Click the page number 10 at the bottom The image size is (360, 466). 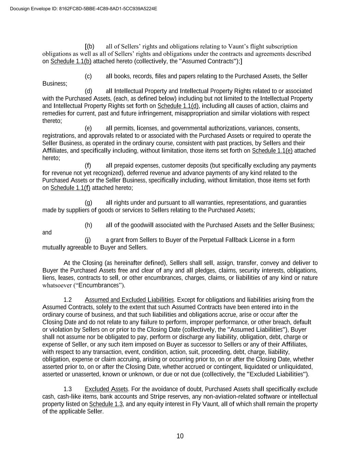(x=180, y=436)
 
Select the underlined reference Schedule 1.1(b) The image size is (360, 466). (x=71, y=61)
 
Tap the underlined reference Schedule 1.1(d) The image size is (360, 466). (x=178, y=106)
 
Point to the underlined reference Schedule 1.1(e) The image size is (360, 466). (x=272, y=151)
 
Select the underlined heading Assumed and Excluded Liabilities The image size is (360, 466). (x=130, y=300)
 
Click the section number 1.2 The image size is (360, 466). (x=68, y=300)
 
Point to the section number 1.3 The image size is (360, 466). (x=68, y=389)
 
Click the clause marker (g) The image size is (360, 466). (x=88, y=203)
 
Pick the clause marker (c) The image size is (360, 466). (x=88, y=76)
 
